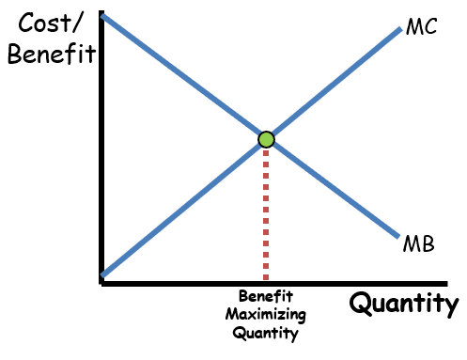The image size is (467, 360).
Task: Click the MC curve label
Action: point(421,26)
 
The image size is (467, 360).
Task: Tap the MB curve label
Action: point(419,244)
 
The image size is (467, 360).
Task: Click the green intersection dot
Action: point(266,140)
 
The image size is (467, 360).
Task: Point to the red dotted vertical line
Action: point(266,216)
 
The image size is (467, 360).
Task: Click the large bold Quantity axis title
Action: point(404,304)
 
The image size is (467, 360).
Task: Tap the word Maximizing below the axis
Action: point(267,314)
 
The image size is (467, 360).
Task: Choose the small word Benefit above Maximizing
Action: point(267,296)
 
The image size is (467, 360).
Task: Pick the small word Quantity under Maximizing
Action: point(267,333)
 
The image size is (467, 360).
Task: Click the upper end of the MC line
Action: point(398,28)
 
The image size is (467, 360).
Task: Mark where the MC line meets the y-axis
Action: point(102,274)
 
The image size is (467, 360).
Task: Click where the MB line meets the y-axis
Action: point(102,16)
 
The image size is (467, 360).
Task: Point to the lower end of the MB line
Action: point(398,235)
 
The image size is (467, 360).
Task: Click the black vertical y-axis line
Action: point(100,150)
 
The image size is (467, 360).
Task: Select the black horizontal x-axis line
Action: point(282,283)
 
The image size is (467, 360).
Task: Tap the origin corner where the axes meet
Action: point(100,283)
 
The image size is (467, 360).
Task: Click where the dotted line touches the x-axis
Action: point(266,281)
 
